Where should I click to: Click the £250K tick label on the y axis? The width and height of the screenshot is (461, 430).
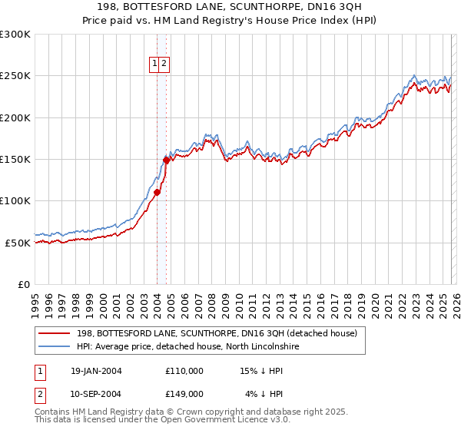(15, 76)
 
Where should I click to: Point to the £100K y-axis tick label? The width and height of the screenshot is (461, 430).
(15, 200)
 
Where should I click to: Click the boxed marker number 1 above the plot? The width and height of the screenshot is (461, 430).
(155, 64)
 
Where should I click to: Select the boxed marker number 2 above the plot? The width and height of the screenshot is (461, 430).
(164, 64)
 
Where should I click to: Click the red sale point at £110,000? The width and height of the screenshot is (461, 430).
(157, 193)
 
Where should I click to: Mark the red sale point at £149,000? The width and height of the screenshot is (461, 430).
(166, 160)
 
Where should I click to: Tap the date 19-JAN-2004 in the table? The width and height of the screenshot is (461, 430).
(96, 371)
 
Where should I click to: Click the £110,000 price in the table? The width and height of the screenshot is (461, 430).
(184, 371)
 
